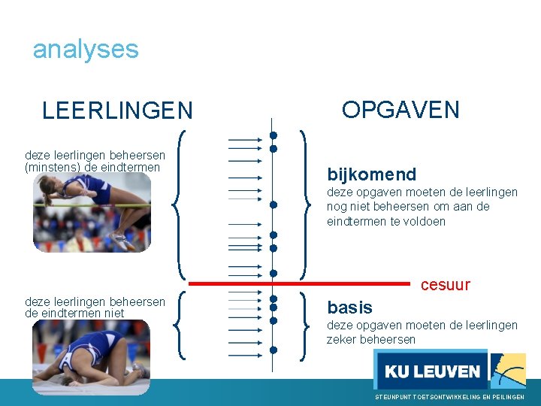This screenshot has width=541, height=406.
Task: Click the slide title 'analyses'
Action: tap(86, 50)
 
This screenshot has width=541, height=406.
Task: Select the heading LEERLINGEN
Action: tap(117, 111)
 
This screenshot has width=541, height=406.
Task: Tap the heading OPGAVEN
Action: tap(400, 110)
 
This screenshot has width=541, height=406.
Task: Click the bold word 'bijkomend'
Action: tap(371, 175)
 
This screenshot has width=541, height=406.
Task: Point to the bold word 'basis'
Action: tap(349, 308)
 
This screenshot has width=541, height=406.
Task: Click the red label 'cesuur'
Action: tap(445, 285)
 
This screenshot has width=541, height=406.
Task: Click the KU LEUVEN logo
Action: tap(431, 371)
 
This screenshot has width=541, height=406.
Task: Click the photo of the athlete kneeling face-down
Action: tap(91, 357)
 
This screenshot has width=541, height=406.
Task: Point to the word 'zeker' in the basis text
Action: tap(342, 340)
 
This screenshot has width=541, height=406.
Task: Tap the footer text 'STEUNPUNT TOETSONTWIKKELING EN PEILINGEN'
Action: tap(449, 396)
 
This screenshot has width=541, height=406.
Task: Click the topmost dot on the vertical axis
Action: tap(274, 136)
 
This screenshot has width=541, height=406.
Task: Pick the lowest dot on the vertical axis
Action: tap(274, 349)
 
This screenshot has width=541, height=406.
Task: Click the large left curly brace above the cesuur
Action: tap(180, 203)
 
